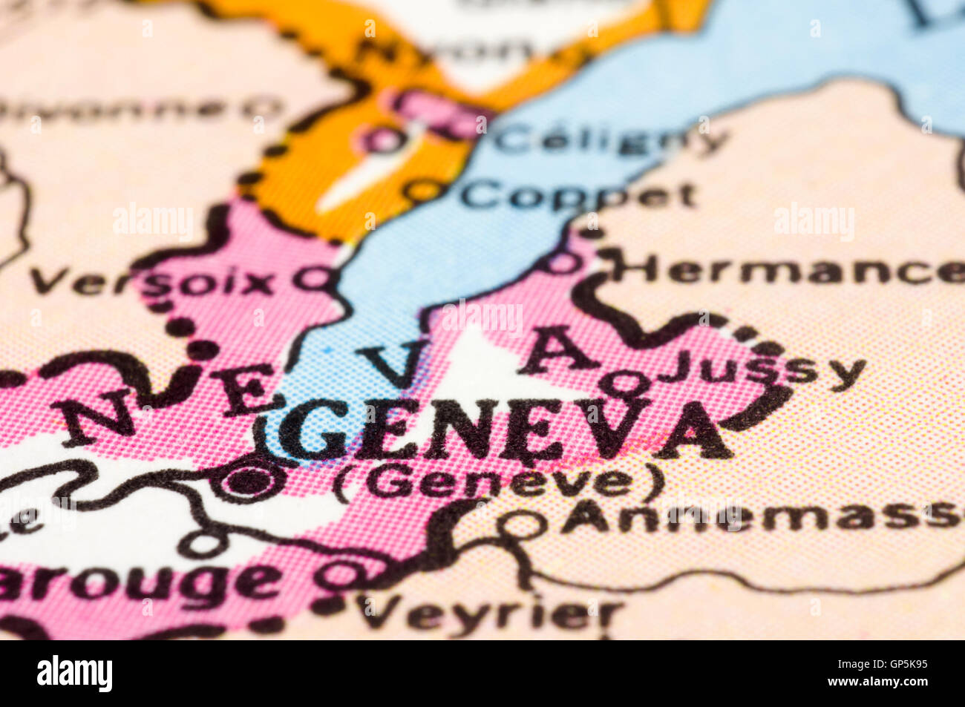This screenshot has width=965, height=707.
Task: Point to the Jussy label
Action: [762, 370]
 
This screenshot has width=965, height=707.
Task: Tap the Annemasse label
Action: [761, 516]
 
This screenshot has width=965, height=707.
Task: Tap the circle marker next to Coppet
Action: [422, 191]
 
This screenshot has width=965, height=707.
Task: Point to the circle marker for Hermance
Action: [564, 262]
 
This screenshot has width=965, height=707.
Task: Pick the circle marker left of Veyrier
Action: [343, 574]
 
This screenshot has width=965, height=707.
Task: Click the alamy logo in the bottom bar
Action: [75, 674]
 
